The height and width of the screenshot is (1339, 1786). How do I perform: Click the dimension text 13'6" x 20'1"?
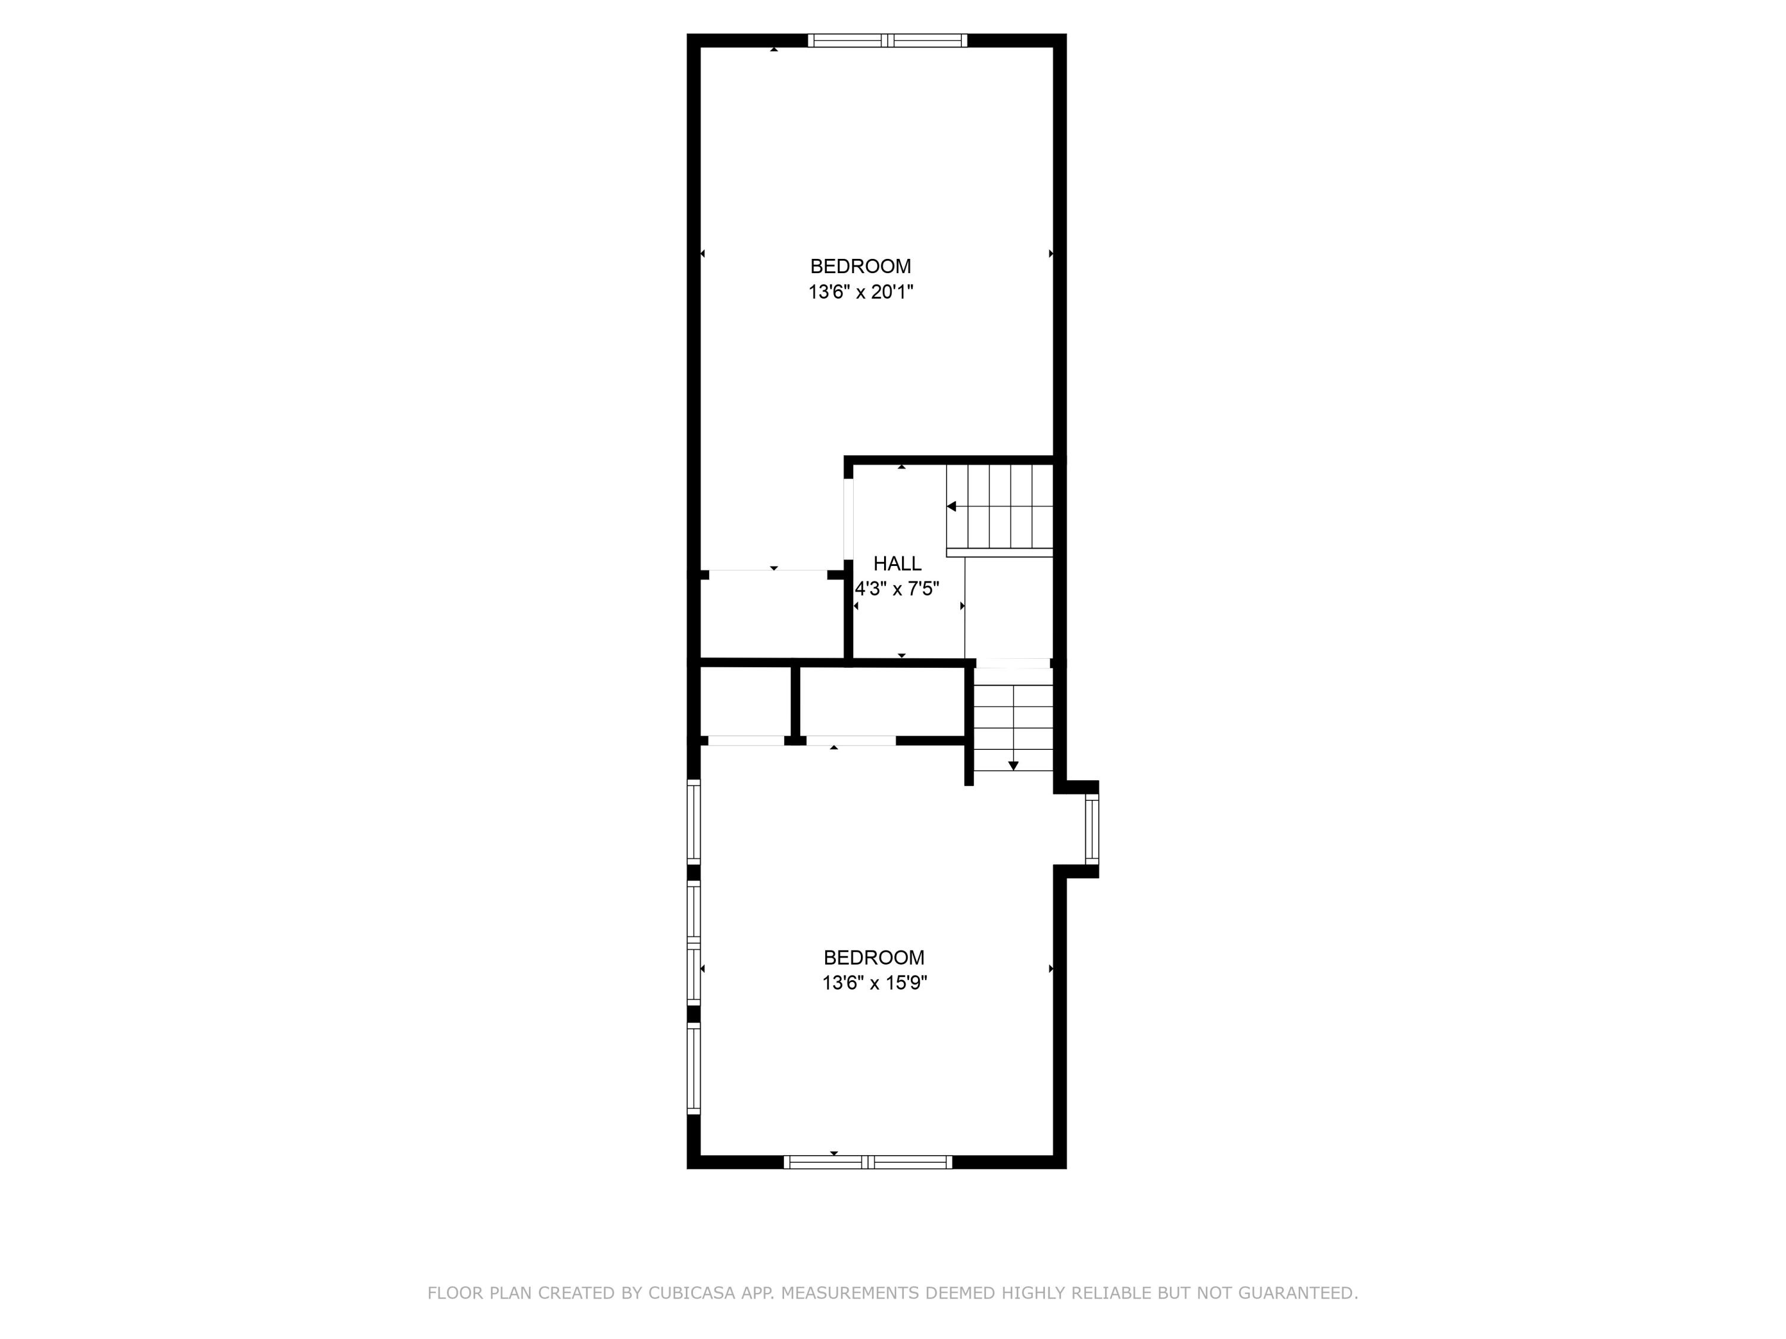[861, 292]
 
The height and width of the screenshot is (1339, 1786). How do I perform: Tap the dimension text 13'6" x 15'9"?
[875, 983]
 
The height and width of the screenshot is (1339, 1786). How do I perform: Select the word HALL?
[897, 564]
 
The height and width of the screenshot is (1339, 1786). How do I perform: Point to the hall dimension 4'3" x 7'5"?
[897, 589]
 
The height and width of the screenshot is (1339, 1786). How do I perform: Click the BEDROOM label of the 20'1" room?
[861, 267]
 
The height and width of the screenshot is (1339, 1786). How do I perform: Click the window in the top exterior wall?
[888, 40]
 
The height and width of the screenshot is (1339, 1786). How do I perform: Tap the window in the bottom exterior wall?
[868, 1162]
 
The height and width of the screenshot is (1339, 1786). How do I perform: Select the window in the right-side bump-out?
[1092, 829]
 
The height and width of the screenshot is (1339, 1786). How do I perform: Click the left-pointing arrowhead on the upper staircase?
[952, 507]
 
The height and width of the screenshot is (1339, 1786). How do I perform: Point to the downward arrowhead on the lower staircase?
[1013, 765]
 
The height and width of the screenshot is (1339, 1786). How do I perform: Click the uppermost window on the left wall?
[694, 821]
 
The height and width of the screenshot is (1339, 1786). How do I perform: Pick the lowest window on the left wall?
[694, 1069]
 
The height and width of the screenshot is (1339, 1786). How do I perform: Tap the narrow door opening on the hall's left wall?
[848, 520]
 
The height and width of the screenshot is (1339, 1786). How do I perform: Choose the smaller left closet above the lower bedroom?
[744, 700]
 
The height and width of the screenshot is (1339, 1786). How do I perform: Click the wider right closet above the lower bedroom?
[882, 700]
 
